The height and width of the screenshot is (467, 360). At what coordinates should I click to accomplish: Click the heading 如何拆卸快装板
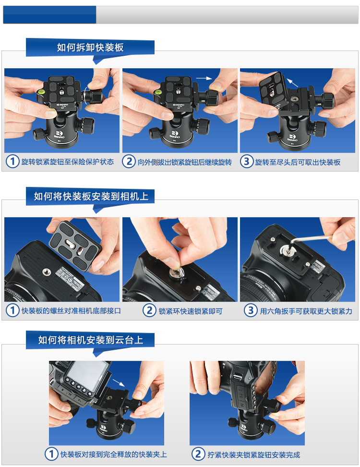coord(90,47)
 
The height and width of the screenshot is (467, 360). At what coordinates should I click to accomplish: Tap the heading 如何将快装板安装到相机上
coord(91,197)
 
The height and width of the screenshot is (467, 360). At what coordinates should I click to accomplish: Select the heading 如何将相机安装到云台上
coord(91,340)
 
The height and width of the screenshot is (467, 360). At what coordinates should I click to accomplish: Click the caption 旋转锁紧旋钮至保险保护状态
coord(68,162)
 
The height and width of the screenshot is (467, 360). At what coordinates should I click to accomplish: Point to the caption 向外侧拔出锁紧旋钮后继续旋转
coord(184,162)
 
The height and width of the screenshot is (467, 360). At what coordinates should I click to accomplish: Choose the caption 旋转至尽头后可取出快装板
coord(298,162)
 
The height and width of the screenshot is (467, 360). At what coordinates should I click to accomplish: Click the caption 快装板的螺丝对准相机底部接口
coord(71,311)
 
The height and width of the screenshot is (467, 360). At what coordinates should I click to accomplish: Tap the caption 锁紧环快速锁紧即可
coord(191,311)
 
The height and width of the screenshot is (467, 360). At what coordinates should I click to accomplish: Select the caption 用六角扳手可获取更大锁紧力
coord(306,311)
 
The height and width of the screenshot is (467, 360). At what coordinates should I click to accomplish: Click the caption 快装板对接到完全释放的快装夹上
coord(114,454)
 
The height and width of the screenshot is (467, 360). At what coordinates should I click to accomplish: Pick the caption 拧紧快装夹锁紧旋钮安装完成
coord(254,455)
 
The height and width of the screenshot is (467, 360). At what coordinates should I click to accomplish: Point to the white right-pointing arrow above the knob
coord(204,78)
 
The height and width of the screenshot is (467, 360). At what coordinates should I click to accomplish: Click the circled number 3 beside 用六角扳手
coord(251,310)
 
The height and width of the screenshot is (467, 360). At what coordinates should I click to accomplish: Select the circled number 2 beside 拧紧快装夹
coord(198,454)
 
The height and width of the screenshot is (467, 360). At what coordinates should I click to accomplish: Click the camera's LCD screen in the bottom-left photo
coord(86,375)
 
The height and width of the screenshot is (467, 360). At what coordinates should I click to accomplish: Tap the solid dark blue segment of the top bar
coord(50,14)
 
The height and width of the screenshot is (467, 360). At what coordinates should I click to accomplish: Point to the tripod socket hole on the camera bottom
coord(47,271)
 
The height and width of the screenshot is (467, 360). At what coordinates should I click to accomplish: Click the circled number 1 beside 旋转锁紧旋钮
coord(12,161)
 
